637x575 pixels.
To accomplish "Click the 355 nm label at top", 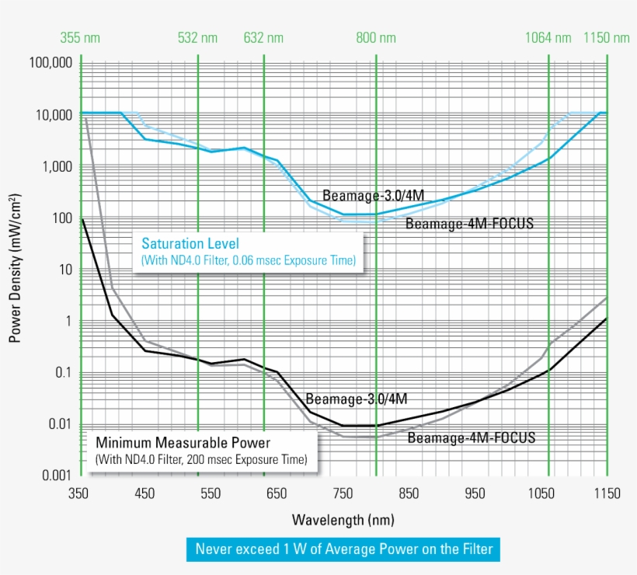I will tap(80, 37).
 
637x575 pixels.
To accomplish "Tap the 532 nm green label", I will tap(198, 37).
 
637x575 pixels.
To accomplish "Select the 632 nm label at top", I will tap(263, 37).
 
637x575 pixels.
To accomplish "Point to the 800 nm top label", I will tap(376, 37).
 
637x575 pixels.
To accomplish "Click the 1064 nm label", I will tap(548, 37).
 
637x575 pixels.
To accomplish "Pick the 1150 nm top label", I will tap(607, 37).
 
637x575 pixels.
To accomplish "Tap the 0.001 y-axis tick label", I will tap(57, 476).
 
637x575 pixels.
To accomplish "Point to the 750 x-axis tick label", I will tap(343, 493).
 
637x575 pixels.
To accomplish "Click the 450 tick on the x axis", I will tap(144, 493).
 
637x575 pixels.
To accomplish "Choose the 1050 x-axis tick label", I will tap(541, 493).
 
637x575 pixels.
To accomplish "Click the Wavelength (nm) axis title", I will tap(343, 518).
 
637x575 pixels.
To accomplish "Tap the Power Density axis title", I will tap(15, 268).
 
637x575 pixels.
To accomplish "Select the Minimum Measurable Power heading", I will tap(183, 443).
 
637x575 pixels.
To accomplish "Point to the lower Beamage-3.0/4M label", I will tap(357, 399).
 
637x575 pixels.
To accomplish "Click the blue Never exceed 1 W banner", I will tap(343, 549).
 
